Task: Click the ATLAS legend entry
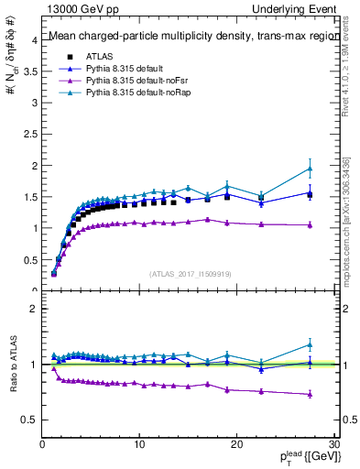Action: click(97, 56)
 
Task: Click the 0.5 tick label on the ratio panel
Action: click(29, 420)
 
